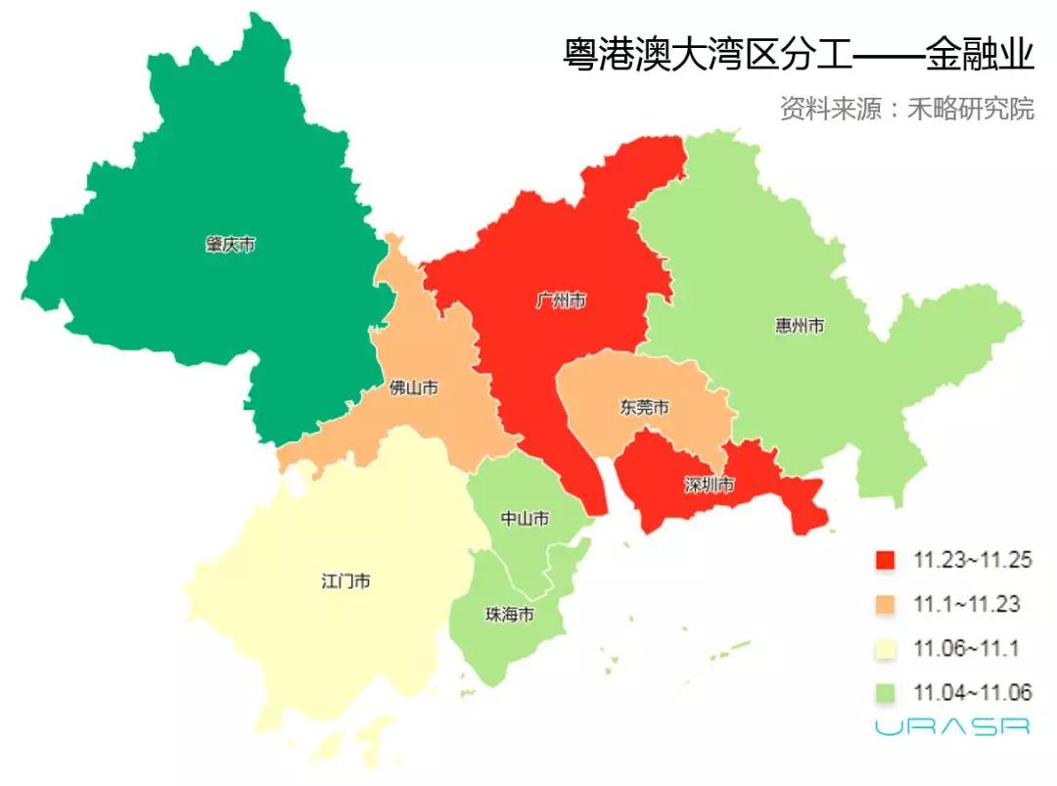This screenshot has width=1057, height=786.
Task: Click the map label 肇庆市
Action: pyautogui.click(x=230, y=245)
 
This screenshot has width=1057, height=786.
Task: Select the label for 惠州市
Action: pyautogui.click(x=798, y=325)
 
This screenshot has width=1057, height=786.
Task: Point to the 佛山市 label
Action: pyautogui.click(x=413, y=389)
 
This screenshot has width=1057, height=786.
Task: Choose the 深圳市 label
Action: pyautogui.click(x=709, y=485)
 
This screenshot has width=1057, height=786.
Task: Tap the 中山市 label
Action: pyautogui.click(x=524, y=518)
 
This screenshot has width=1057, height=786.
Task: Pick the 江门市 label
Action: pyautogui.click(x=345, y=580)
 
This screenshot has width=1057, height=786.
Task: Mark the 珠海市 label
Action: pyautogui.click(x=510, y=615)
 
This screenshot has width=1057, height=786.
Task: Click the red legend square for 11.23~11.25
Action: pyautogui.click(x=885, y=561)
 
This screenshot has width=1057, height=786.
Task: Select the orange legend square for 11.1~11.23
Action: pyautogui.click(x=885, y=605)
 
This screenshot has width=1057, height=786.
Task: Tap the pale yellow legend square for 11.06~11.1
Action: pyautogui.click(x=885, y=649)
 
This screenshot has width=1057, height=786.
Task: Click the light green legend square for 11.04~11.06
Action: pyautogui.click(x=885, y=693)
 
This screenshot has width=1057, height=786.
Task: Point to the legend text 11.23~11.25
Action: pyautogui.click(x=972, y=561)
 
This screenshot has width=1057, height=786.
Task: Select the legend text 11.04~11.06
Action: pyautogui.click(x=972, y=693)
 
